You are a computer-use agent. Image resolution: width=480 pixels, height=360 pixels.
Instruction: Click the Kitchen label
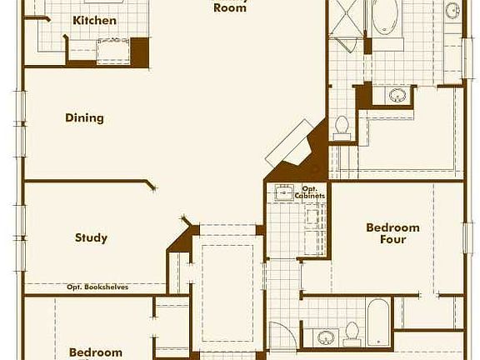pos(94,20)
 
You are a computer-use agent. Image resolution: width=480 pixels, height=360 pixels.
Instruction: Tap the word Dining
pos(85,117)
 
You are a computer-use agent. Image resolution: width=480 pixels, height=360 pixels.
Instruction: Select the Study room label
pos(91,237)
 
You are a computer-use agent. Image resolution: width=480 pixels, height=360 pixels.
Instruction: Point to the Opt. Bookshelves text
pos(97,287)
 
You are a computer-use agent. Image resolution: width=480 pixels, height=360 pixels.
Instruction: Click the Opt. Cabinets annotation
pos(313,192)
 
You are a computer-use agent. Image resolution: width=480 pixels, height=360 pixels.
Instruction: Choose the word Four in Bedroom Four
pos(392,239)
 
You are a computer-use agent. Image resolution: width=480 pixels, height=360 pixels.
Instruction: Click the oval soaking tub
pos(385,17)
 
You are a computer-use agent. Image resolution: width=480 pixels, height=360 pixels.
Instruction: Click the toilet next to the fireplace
pos(342,126)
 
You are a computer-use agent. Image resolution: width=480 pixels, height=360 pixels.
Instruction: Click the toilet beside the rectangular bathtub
pos(352,332)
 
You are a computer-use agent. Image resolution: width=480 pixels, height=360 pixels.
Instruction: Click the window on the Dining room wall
pos(20,124)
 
